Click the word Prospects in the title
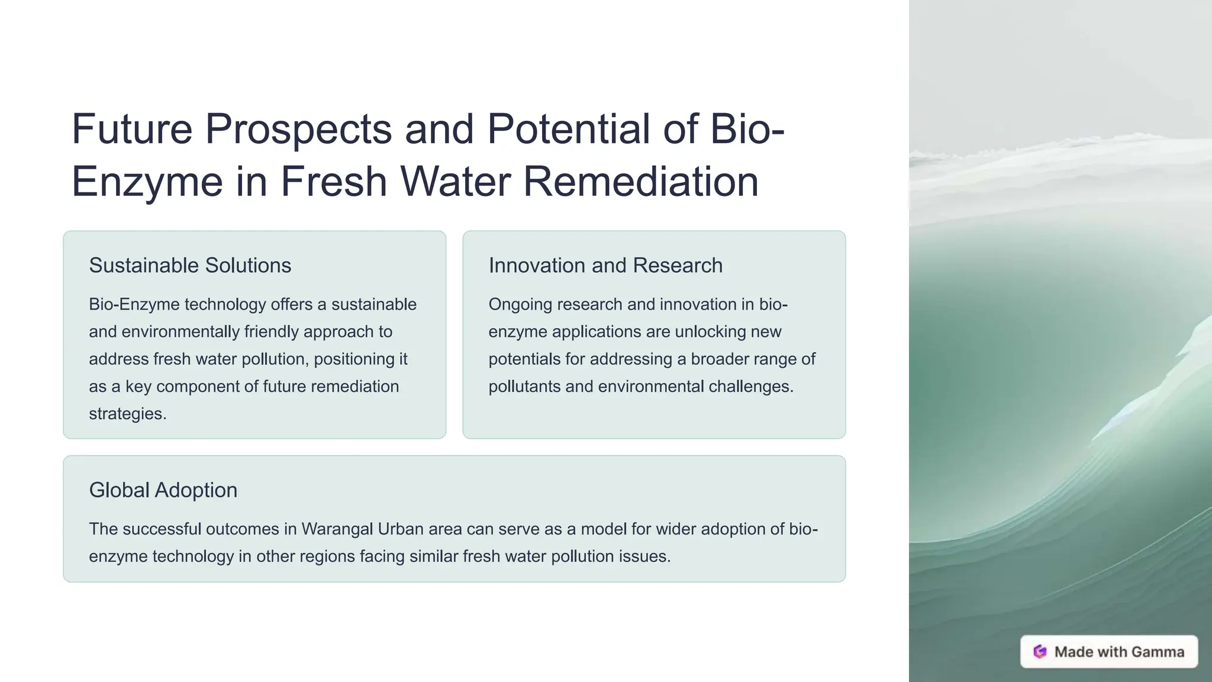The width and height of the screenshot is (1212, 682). coord(298,129)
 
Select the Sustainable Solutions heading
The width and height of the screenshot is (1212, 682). coord(190,265)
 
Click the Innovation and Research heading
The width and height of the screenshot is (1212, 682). coord(605,265)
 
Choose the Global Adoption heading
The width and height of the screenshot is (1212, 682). coord(163,490)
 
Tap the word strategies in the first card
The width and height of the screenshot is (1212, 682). coord(127,414)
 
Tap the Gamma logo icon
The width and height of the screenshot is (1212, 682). coord(1040,652)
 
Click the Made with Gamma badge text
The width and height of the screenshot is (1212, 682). coord(1119,652)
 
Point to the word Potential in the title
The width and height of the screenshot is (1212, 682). coord(568,129)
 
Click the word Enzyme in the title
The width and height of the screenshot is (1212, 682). coord(147,181)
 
